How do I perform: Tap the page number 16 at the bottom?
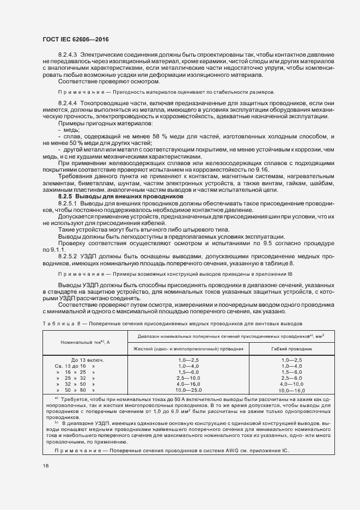click(45, 465)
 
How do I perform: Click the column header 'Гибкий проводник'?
click(292, 348)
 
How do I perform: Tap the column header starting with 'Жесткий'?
click(188, 348)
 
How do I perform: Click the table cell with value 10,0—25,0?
click(188, 390)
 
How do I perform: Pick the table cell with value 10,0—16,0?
click(292, 391)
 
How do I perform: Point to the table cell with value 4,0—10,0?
click(292, 384)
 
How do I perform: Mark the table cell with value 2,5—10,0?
click(188, 378)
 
